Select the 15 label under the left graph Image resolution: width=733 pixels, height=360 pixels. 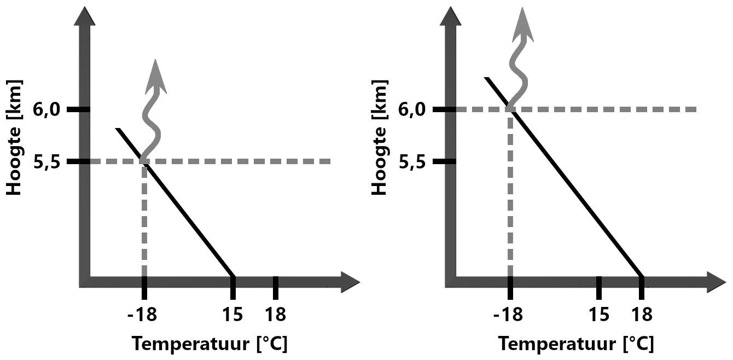point(233,315)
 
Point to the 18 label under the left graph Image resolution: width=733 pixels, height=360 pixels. point(275,315)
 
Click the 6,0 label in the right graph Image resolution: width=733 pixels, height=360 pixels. point(414,109)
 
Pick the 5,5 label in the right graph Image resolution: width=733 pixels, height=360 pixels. point(414,162)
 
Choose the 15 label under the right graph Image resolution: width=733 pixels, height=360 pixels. point(599,315)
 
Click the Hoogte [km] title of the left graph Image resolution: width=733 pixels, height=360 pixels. point(18,138)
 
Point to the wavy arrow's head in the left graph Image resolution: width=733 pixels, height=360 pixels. point(156,74)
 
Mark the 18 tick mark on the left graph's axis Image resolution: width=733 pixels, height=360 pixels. point(275,287)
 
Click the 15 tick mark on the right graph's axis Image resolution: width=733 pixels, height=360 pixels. point(599,287)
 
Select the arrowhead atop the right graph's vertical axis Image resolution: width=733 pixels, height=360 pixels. point(450,16)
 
